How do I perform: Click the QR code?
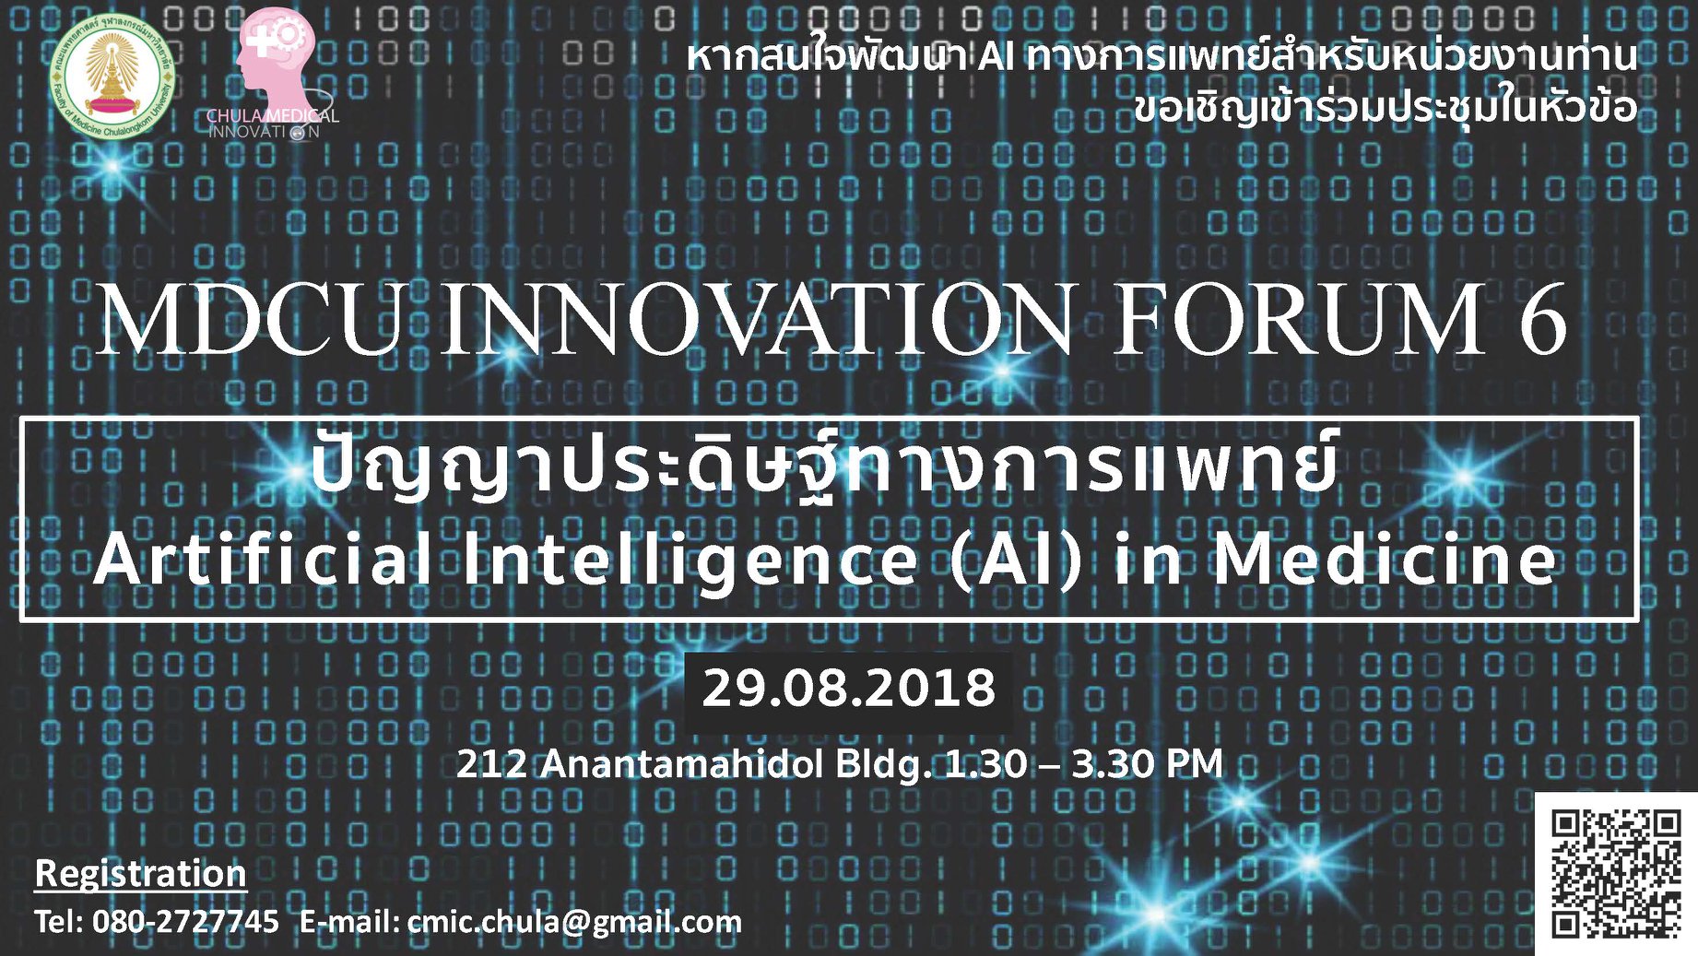[x=1615, y=873]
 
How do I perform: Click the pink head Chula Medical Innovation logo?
[x=273, y=74]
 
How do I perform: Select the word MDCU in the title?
[x=251, y=319]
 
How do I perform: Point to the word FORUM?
[x=1301, y=319]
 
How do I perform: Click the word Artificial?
[x=264, y=559]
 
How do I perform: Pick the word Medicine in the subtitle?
[x=1384, y=559]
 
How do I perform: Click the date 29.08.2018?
[x=849, y=688]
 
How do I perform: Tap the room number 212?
[x=492, y=764]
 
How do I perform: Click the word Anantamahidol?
[x=681, y=764]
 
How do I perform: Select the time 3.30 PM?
[x=1147, y=764]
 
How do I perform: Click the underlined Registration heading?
[x=140, y=873]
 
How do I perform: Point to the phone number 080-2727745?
[x=185, y=921]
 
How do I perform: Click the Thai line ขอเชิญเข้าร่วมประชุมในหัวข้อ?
[x=1386, y=107]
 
